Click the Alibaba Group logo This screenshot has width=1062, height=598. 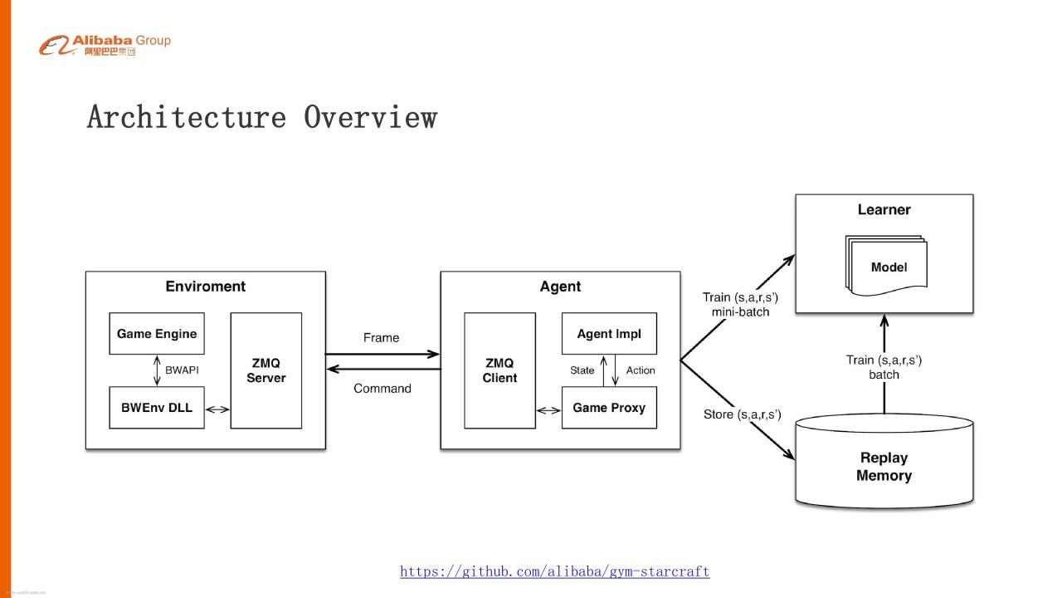click(105, 45)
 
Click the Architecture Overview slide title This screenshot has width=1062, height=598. click(261, 117)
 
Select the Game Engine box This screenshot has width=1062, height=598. click(157, 334)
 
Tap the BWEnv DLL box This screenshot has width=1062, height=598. click(157, 408)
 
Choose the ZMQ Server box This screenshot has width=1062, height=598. click(266, 370)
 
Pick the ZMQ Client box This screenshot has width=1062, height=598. click(499, 370)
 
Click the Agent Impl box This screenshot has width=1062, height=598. click(609, 334)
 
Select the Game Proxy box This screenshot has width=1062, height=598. click(609, 408)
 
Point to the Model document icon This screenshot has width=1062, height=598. click(886, 266)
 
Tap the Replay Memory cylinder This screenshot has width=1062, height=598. click(884, 460)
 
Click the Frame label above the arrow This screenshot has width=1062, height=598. click(381, 337)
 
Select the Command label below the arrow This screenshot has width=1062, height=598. click(382, 388)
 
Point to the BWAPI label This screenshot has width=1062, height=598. click(182, 370)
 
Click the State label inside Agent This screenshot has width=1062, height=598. click(582, 370)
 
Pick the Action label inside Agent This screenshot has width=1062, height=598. click(641, 370)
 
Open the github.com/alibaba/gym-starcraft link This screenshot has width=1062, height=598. click(555, 571)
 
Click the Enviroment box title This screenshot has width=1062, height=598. click(205, 287)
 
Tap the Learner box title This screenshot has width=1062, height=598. click(884, 209)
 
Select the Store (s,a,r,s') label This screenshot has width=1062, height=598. click(742, 414)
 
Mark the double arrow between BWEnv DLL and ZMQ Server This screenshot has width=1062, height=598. click(217, 409)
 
